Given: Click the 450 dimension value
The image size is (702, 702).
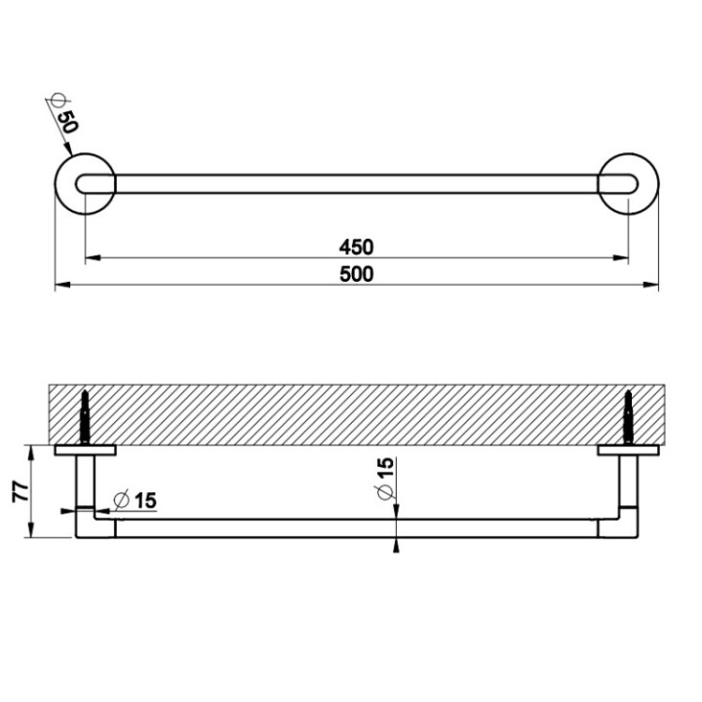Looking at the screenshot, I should [357, 247].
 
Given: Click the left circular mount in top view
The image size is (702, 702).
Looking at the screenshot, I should [85, 183].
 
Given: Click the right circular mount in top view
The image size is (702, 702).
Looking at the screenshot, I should [629, 183].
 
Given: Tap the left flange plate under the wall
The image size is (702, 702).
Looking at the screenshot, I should [86, 449].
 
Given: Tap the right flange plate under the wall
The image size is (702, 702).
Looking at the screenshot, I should [629, 449].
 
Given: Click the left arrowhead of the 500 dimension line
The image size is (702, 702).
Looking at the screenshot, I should [60, 285].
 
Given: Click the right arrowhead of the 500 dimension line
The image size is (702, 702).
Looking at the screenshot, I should [653, 285].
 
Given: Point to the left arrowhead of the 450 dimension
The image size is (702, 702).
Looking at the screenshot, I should [92, 258].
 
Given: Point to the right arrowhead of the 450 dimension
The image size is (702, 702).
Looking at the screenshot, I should [621, 258].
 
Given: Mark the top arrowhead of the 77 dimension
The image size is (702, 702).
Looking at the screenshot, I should [32, 451].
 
